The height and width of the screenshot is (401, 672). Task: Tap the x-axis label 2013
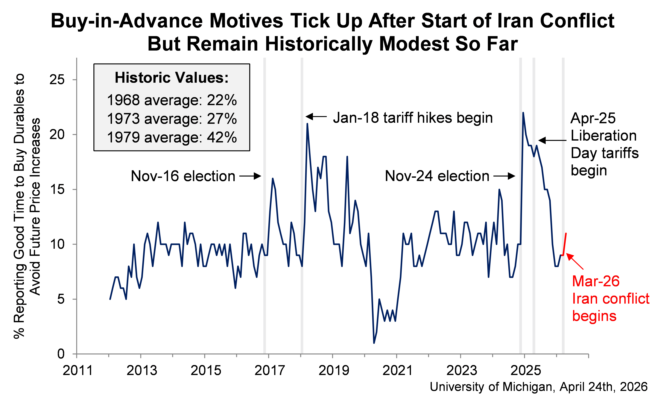click(142, 370)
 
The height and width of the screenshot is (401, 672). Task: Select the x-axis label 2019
click(334, 370)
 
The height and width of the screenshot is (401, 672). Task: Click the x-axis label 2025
click(526, 370)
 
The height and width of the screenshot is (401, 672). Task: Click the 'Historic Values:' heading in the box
click(172, 78)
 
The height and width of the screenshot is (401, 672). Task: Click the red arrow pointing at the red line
click(575, 261)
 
